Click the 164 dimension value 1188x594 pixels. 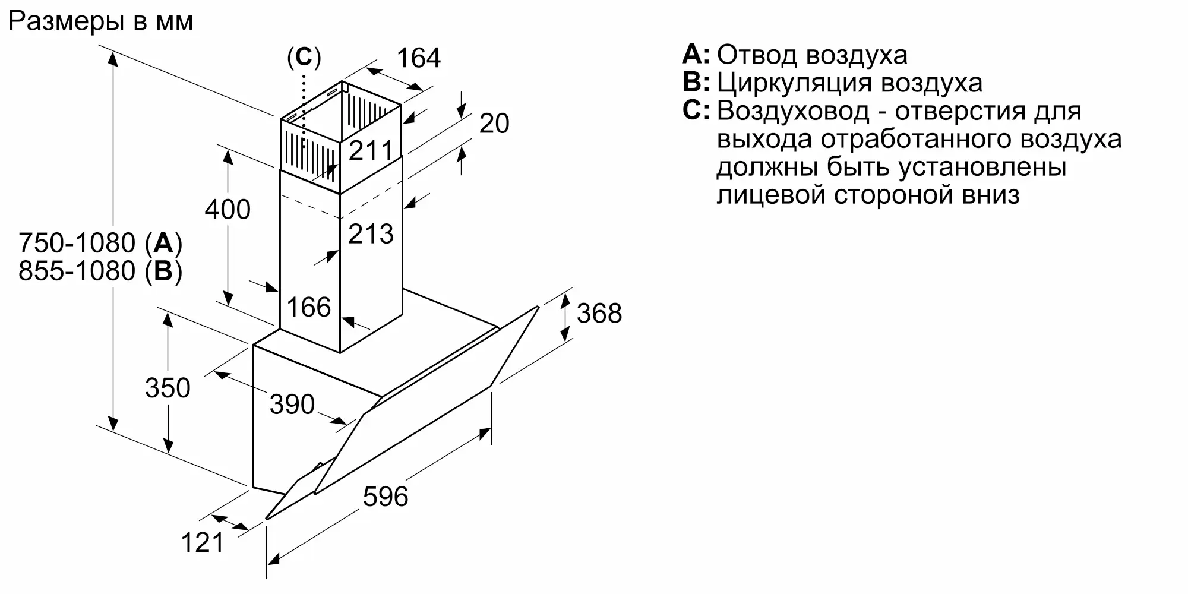[419, 58]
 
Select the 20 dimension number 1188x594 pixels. [494, 124]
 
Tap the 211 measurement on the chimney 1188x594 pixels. [371, 151]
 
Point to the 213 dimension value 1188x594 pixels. [371, 234]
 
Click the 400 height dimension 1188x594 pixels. [228, 210]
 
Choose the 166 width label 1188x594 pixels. [308, 308]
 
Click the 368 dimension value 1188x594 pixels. [599, 314]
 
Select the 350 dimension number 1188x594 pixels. [168, 388]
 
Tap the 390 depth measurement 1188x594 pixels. [292, 405]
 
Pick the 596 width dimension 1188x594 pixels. [386, 497]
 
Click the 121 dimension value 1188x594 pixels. [203, 542]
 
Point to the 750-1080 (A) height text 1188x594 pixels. [100, 244]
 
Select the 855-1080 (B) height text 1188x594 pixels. [100, 271]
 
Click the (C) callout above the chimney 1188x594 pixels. [304, 57]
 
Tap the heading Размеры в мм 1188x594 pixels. [100, 21]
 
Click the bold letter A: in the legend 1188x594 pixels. [696, 55]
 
